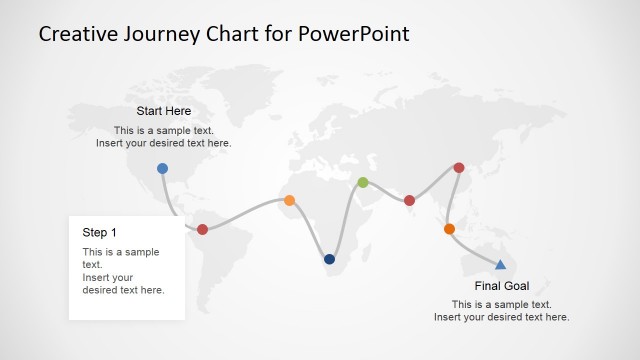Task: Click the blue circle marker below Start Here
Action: [x=162, y=168]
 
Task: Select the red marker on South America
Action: [x=202, y=229]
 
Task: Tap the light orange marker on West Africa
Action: [x=290, y=200]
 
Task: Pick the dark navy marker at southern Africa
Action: [x=329, y=259]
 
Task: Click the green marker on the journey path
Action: [x=363, y=182]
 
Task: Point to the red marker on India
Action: [x=409, y=200]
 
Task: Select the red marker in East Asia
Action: [x=459, y=168]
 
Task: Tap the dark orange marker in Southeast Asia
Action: [x=449, y=229]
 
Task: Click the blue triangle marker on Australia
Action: [x=500, y=264]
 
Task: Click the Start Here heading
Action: [x=163, y=111]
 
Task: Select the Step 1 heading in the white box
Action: [x=99, y=232]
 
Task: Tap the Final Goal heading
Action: [x=501, y=286]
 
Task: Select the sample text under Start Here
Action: [x=163, y=137]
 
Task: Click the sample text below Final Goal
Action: [x=501, y=311]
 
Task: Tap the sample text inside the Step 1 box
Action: [x=123, y=271]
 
